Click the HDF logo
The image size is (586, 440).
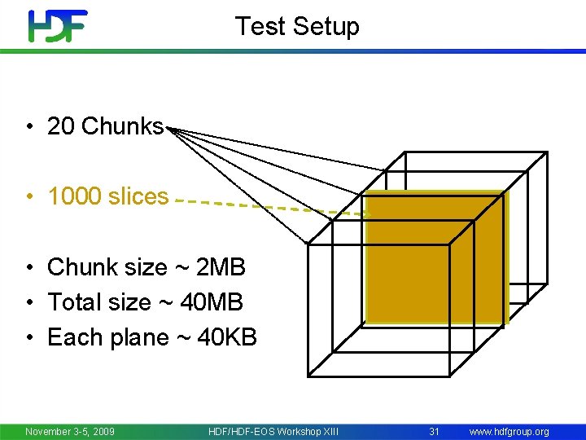click(58, 26)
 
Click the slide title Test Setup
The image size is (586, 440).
click(297, 26)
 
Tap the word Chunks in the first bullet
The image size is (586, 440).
click(122, 126)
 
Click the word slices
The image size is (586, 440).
click(138, 196)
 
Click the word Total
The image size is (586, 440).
click(75, 302)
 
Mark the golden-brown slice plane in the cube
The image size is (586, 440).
click(435, 257)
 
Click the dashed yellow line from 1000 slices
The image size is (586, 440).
click(269, 205)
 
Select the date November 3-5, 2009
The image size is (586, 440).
click(70, 431)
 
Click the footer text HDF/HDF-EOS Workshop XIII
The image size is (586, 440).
click(273, 431)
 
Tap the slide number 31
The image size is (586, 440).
click(434, 431)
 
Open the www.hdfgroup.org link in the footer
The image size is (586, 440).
click(509, 431)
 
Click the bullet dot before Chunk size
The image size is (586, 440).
click(28, 268)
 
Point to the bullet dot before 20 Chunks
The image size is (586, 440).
click(28, 127)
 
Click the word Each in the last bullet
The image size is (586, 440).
click(71, 337)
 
